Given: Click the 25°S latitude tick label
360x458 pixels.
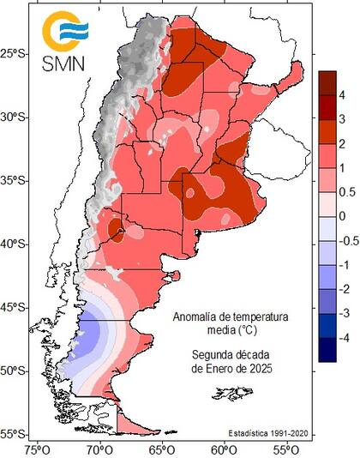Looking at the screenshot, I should click(15, 54).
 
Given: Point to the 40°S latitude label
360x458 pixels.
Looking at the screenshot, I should click(15, 244).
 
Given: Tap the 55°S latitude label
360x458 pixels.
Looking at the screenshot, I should click(15, 434).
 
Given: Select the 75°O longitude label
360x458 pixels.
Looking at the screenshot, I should click(37, 448).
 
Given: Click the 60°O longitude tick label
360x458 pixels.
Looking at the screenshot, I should click(224, 448).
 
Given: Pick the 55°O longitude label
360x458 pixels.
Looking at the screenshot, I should click(286, 448).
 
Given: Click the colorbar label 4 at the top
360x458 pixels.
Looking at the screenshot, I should click(344, 93).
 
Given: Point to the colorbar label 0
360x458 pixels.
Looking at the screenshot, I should click(344, 216).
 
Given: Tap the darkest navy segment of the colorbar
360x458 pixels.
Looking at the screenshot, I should click(327, 350).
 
